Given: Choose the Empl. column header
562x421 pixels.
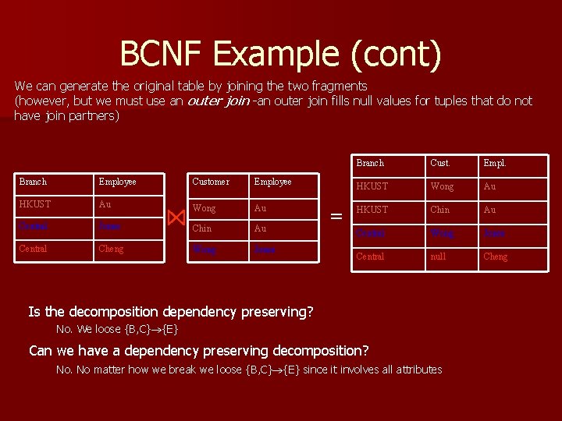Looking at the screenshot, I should [496, 163].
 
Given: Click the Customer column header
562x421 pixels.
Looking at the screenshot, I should [211, 182].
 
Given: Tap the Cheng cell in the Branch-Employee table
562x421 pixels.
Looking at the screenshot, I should [111, 249].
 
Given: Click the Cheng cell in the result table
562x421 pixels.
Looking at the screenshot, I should [496, 256].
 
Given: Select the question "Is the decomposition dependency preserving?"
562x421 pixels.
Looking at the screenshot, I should [171, 312].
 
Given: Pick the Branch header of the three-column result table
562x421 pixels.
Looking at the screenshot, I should [370, 163].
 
